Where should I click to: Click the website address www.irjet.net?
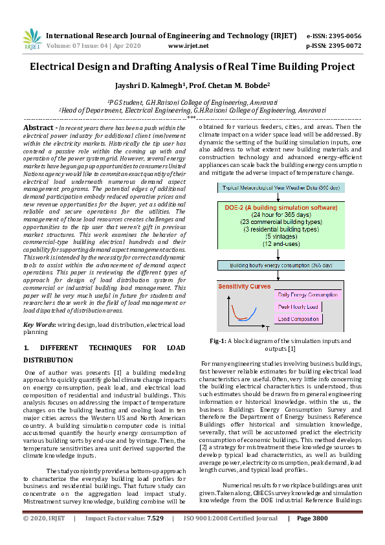(x=188, y=46)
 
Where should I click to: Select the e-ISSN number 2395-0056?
(x=344, y=36)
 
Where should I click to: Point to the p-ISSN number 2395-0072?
(x=344, y=46)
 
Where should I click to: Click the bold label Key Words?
(x=38, y=324)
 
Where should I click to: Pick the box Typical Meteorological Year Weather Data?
(x=280, y=188)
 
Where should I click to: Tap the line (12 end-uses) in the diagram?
(x=280, y=243)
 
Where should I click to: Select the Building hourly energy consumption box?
(x=280, y=265)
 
